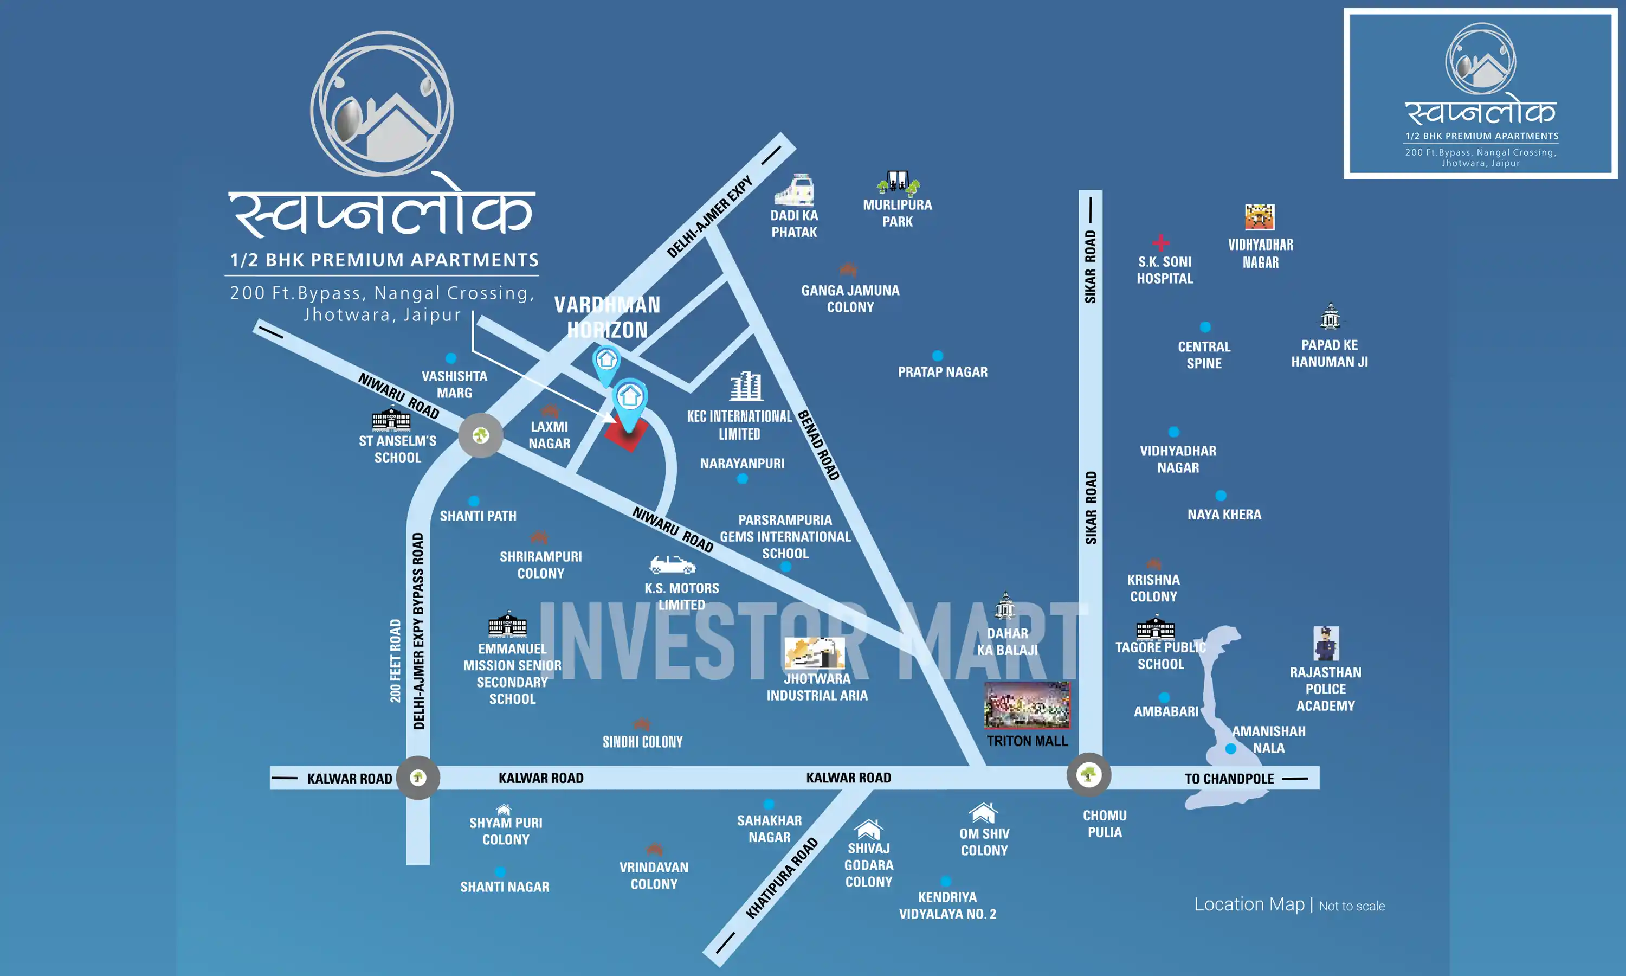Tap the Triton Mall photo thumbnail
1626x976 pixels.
[1027, 705]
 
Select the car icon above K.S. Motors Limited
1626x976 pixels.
[672, 564]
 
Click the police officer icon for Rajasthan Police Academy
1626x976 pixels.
[1326, 643]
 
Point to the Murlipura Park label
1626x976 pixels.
[897, 213]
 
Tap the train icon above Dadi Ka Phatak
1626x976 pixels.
[795, 190]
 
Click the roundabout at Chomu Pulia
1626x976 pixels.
[1088, 775]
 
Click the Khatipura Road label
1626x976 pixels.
[782, 878]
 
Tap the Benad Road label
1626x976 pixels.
[818, 445]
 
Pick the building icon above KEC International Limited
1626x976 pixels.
[746, 387]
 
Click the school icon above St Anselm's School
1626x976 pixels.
[391, 419]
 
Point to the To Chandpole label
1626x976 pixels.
[1229, 779]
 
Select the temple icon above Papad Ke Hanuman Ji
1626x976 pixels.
[1330, 316]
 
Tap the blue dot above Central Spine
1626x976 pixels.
[1205, 327]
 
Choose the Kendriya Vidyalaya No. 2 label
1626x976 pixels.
[947, 906]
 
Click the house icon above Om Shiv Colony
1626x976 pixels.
[983, 813]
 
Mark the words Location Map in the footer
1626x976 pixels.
[1249, 904]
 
